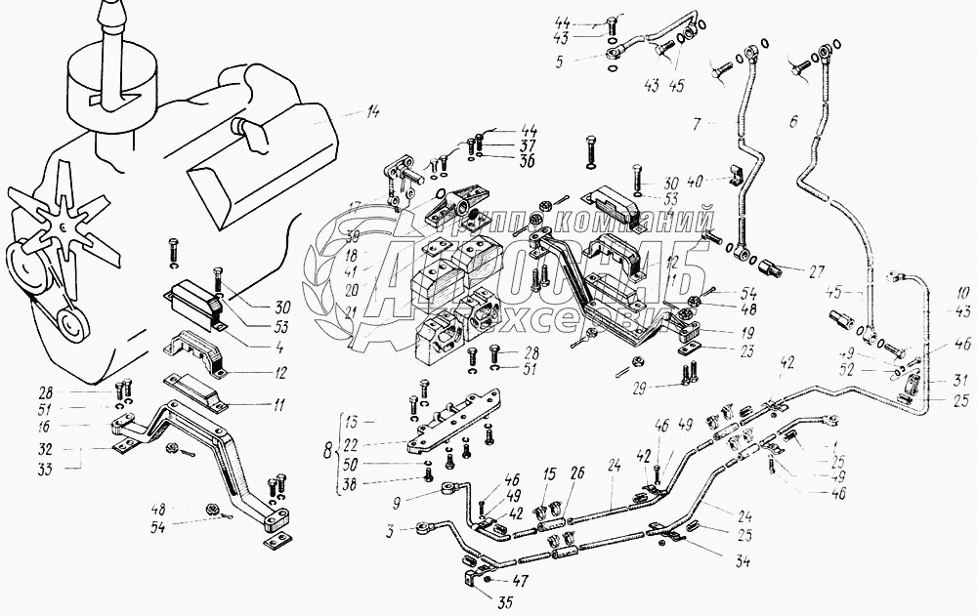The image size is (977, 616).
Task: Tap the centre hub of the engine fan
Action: pyautogui.click(x=61, y=226)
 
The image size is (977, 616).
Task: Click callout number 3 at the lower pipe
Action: pyautogui.click(x=389, y=532)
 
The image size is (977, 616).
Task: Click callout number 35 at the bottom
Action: pyautogui.click(x=504, y=602)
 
